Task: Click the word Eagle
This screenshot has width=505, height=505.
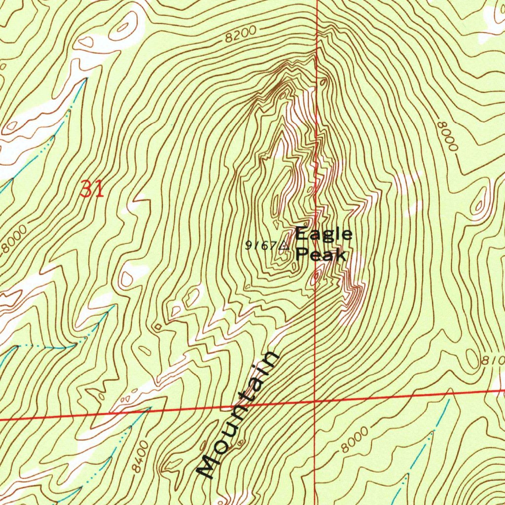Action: (x=324, y=234)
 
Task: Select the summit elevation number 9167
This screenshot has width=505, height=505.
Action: (x=262, y=246)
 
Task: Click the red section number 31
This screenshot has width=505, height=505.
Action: (x=92, y=189)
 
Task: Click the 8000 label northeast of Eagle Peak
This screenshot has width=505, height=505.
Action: (x=448, y=136)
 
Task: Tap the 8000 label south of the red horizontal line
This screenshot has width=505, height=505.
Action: (x=354, y=440)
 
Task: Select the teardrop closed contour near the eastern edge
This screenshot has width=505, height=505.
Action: (x=479, y=203)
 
